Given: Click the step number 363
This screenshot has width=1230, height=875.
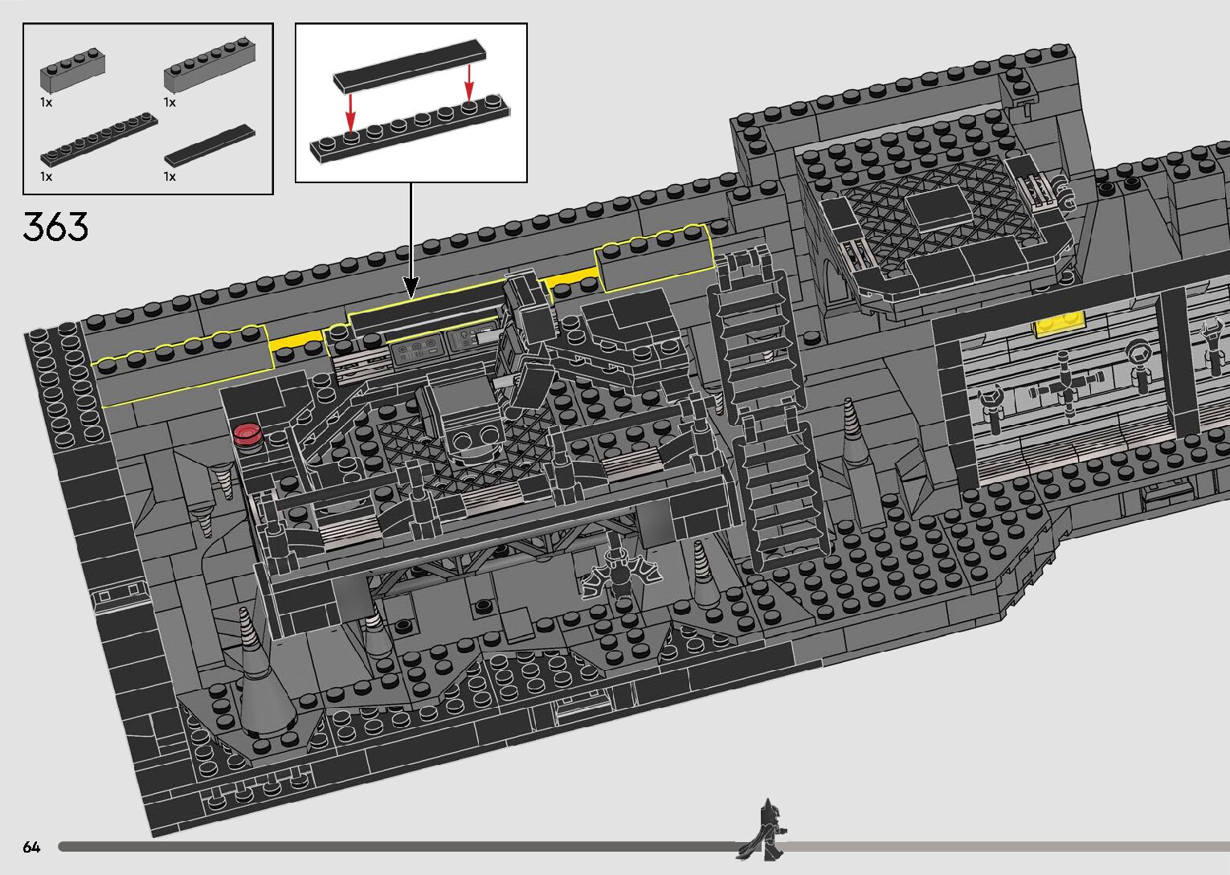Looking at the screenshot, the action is point(55,227).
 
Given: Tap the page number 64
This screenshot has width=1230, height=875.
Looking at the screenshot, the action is point(31,847).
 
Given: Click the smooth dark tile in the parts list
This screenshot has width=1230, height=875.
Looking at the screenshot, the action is point(210,145).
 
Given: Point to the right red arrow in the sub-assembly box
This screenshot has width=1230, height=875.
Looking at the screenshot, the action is point(469,82).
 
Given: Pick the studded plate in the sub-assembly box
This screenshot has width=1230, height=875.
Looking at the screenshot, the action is point(410,128).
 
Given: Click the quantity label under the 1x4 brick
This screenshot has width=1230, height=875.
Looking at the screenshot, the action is point(46,102).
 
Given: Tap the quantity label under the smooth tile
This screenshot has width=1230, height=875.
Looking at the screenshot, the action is point(170,176).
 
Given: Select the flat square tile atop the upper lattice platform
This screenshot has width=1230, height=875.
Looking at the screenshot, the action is point(938,207).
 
